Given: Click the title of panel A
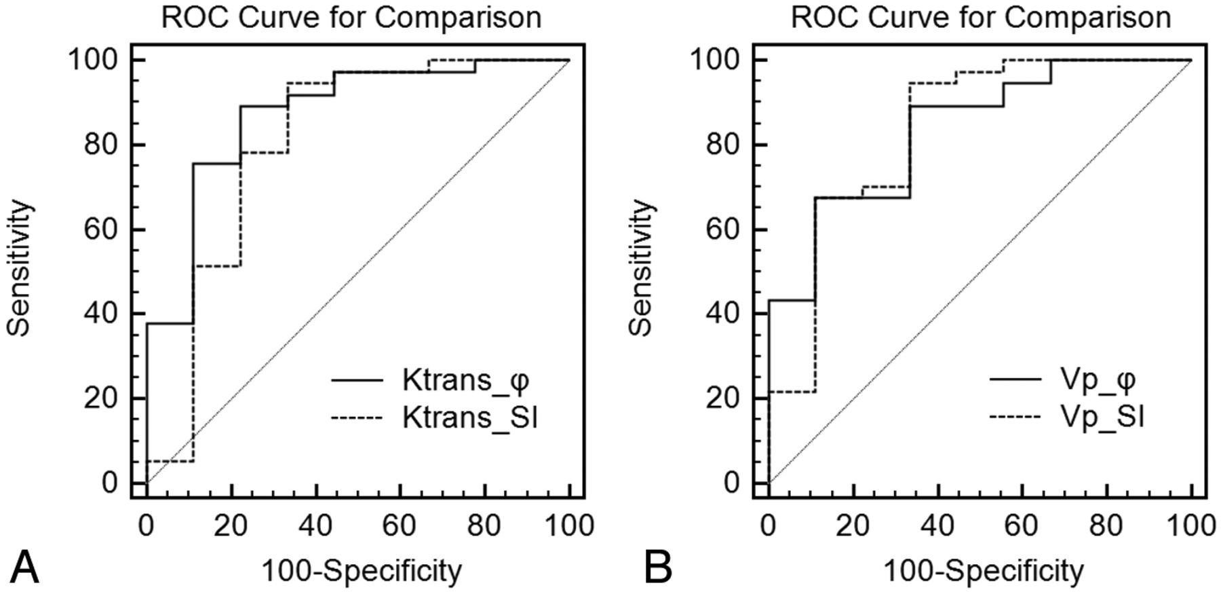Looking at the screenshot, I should [351, 17].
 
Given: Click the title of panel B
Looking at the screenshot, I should [980, 17].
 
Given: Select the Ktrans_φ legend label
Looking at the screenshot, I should [465, 381].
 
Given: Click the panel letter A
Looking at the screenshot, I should [24, 568].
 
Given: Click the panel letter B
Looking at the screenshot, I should [657, 568].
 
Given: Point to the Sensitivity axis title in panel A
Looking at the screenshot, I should [19, 267].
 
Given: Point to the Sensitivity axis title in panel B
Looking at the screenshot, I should [641, 267].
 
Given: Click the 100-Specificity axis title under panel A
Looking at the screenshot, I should [362, 571].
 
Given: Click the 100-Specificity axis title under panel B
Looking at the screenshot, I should [983, 571].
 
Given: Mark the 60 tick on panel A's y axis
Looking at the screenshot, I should [100, 229].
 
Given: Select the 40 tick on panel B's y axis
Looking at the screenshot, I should [722, 314].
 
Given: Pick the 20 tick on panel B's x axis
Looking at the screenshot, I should [853, 525].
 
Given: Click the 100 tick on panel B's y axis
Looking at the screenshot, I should [714, 60].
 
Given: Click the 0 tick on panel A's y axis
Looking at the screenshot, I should [109, 483].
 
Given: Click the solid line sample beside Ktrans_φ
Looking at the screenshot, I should [357, 381].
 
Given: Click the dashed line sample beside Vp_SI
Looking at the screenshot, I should [1015, 416].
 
